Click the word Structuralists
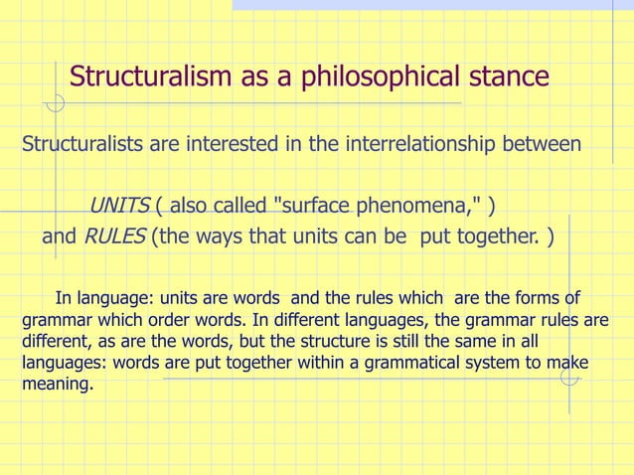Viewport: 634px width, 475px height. click(81, 145)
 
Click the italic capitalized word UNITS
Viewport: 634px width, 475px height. click(119, 206)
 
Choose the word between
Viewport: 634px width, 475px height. click(546, 145)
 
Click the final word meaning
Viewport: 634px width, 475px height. click(57, 386)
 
